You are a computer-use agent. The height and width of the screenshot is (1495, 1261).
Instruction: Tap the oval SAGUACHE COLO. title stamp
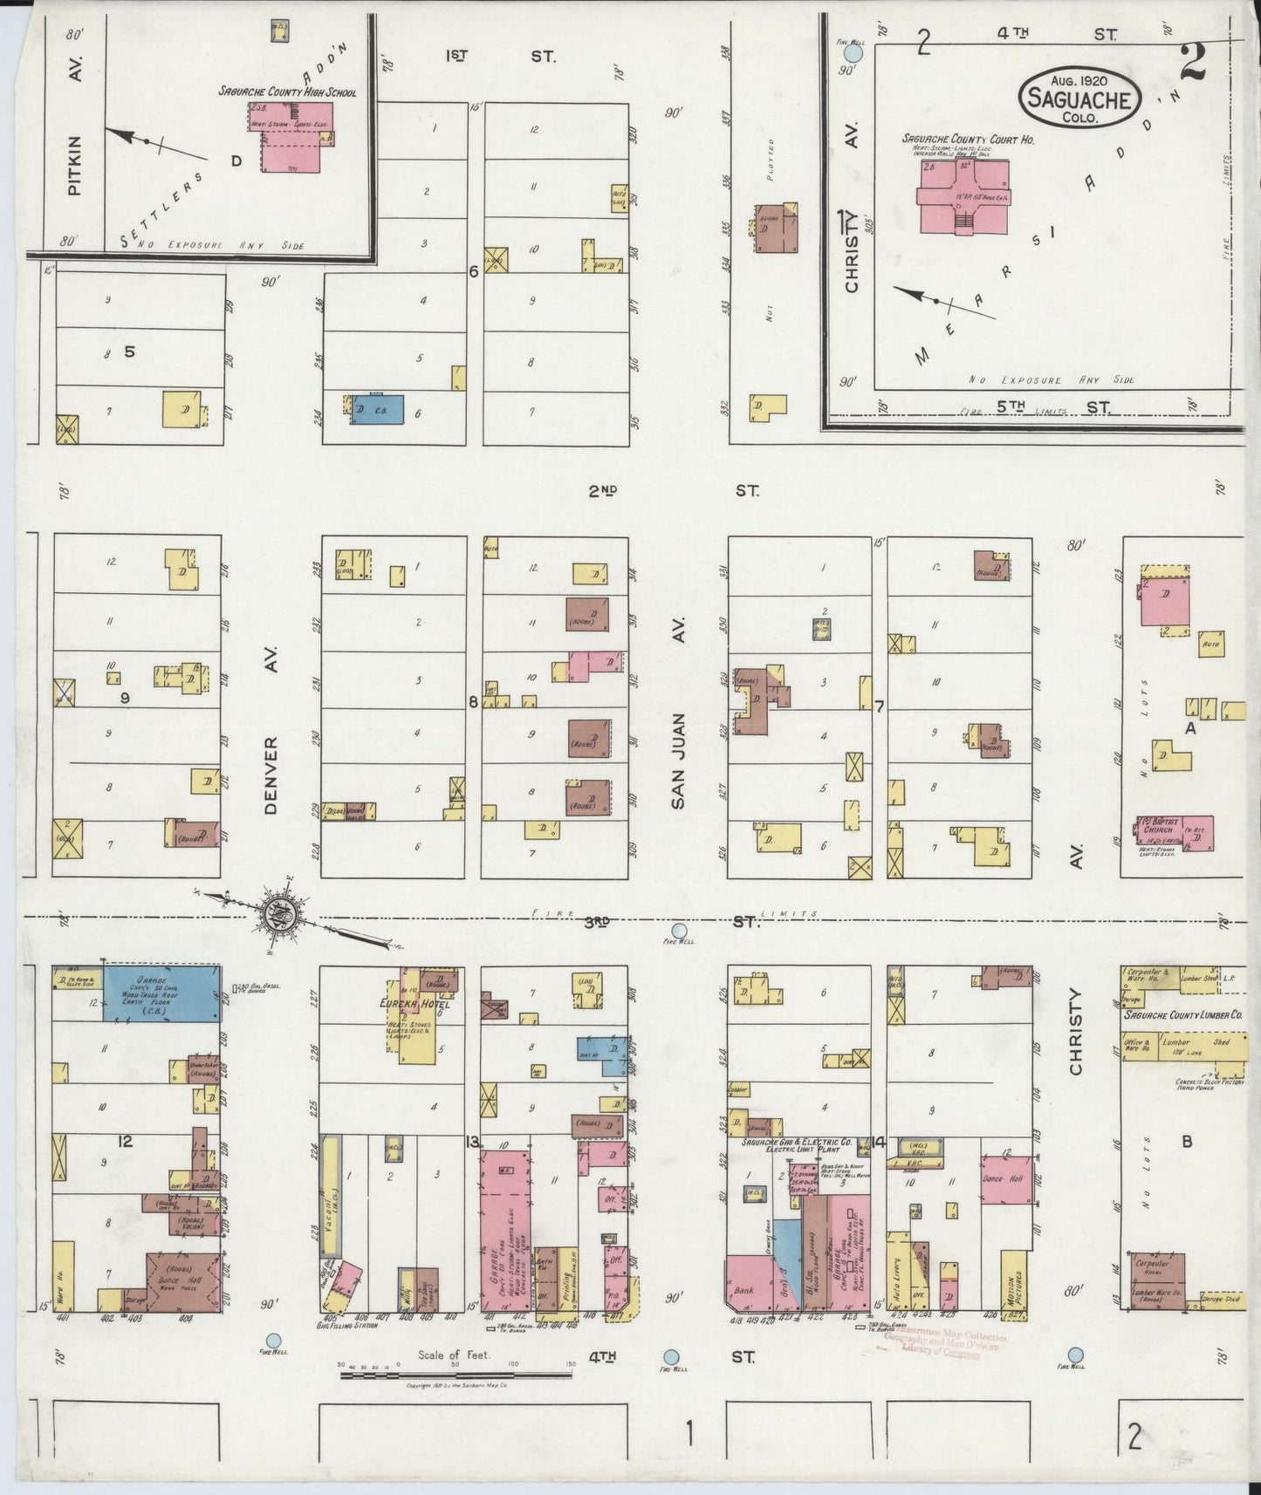(1079, 99)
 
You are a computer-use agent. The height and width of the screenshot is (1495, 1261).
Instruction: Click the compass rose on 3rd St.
(283, 914)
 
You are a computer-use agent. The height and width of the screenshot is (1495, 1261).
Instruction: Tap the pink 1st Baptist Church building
(1174, 833)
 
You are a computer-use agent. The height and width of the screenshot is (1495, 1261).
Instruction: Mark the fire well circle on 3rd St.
(679, 931)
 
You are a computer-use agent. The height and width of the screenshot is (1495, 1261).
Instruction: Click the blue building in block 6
(377, 410)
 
